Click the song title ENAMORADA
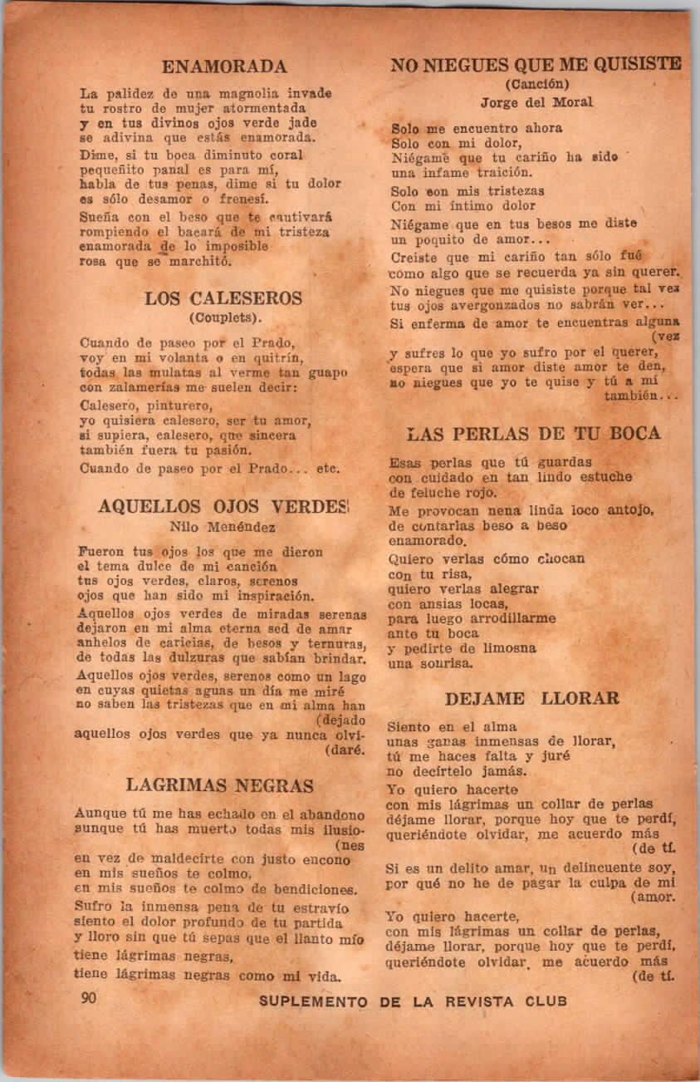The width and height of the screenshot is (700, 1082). point(224,66)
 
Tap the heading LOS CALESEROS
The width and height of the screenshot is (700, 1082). point(223,298)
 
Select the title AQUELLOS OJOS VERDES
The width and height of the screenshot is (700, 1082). point(223,506)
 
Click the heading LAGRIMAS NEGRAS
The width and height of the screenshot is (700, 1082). point(220,785)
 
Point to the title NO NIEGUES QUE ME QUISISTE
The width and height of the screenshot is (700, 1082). point(536,64)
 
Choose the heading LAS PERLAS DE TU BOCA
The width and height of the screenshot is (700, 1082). point(535,434)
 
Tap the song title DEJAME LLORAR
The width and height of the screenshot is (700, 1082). point(531,698)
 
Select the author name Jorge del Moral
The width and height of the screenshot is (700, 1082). point(536,102)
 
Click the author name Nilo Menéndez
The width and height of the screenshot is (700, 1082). point(223,526)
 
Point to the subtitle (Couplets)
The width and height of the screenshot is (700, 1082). point(225,317)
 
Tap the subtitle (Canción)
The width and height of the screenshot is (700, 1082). point(536,83)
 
